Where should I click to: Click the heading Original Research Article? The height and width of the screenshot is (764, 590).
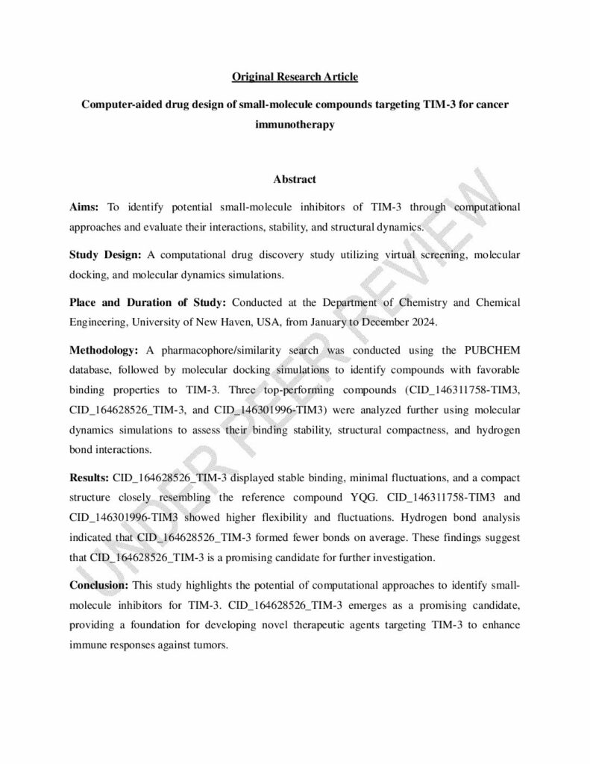295,77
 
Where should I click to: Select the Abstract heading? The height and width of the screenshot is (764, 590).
295,179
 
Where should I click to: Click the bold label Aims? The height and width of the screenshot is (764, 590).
84,206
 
